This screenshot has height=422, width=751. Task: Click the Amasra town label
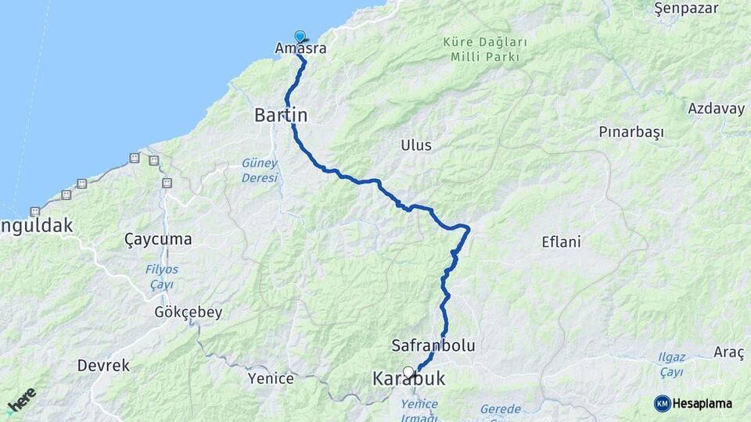point(300,48)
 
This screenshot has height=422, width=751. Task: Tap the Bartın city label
point(281,115)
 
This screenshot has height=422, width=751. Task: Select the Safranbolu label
point(434,345)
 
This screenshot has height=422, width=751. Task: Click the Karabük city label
point(408,379)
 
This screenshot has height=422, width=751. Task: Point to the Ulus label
point(416,145)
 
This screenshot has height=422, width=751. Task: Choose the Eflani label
point(561,241)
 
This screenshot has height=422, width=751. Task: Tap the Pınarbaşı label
point(631,131)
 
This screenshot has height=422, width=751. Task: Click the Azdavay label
point(717,109)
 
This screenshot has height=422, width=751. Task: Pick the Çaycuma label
point(158,239)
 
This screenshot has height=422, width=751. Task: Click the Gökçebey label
point(188,312)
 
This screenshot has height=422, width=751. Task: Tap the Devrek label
point(103,365)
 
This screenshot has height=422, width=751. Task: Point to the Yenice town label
point(271,379)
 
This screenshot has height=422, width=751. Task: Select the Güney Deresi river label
point(260,170)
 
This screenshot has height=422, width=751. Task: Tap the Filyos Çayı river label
point(161,277)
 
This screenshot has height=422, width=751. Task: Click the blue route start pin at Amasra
point(300,36)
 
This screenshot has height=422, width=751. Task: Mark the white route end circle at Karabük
point(408,372)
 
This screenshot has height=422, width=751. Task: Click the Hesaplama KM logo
point(693,403)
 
